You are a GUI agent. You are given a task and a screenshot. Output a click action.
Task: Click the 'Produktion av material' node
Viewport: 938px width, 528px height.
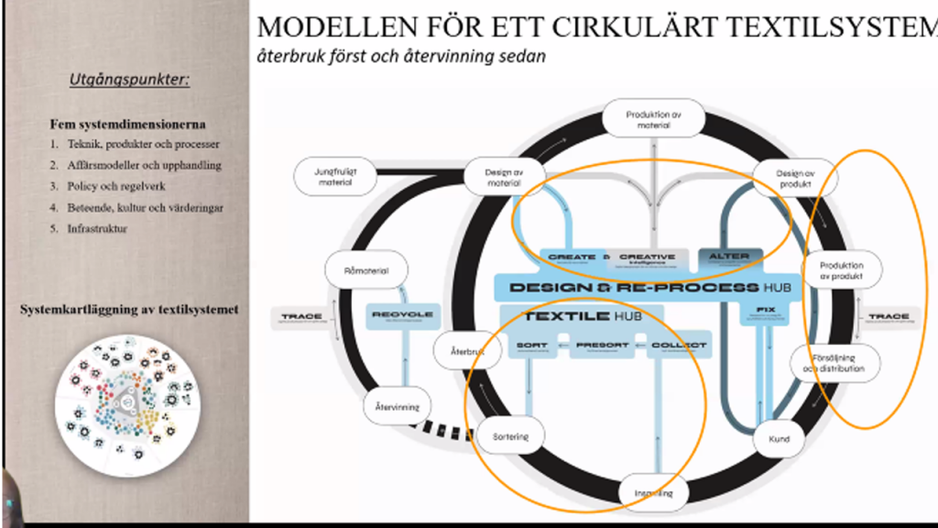click(x=654, y=119)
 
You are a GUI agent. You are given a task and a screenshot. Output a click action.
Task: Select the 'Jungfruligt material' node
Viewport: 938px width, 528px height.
click(x=335, y=177)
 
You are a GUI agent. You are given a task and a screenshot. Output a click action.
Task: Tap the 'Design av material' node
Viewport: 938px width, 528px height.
click(x=504, y=177)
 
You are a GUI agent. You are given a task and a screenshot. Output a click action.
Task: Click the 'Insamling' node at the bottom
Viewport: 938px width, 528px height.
click(x=654, y=493)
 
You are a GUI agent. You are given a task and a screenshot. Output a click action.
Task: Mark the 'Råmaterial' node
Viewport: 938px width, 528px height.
click(x=365, y=270)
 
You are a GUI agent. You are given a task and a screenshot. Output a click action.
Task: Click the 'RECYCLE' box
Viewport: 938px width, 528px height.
click(x=402, y=316)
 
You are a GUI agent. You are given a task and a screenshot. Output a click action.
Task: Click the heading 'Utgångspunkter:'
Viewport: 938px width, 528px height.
click(x=129, y=80)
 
